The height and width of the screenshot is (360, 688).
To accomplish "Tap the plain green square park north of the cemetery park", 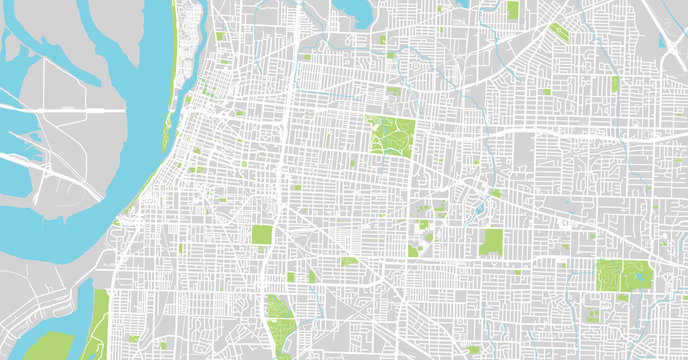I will pos(262,235).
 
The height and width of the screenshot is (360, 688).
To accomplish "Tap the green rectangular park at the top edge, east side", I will pos(512,10).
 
